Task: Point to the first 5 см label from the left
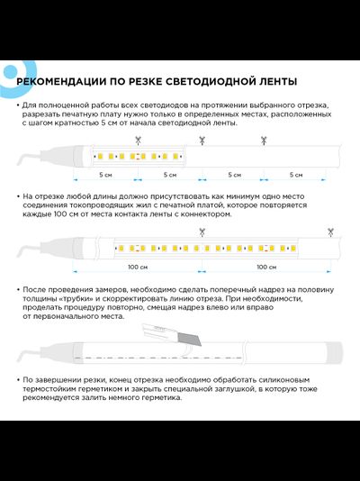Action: click(x=105, y=174)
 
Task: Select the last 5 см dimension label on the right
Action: click(x=297, y=174)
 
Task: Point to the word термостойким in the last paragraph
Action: click(x=49, y=388)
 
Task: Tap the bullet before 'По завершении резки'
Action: click(x=18, y=379)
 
